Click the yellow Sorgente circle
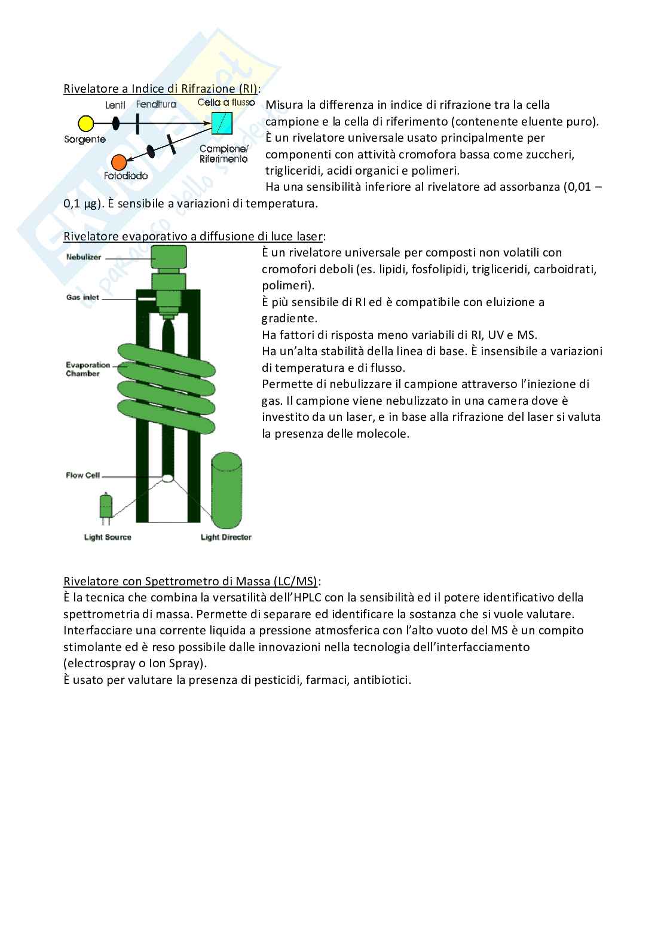pos(86,124)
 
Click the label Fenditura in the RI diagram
pos(156,104)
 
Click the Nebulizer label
pos(84,257)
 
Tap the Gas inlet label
pos(83,297)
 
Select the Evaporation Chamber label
pos(88,369)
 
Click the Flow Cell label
pos(83,476)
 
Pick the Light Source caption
pos(108,537)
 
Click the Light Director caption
pos(226,537)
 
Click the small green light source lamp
pos(106,505)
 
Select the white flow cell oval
pos(168,478)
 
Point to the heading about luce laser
pos(194,236)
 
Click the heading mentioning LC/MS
pos(192,581)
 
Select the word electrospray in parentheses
pos(98,663)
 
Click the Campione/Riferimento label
pos(224,154)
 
